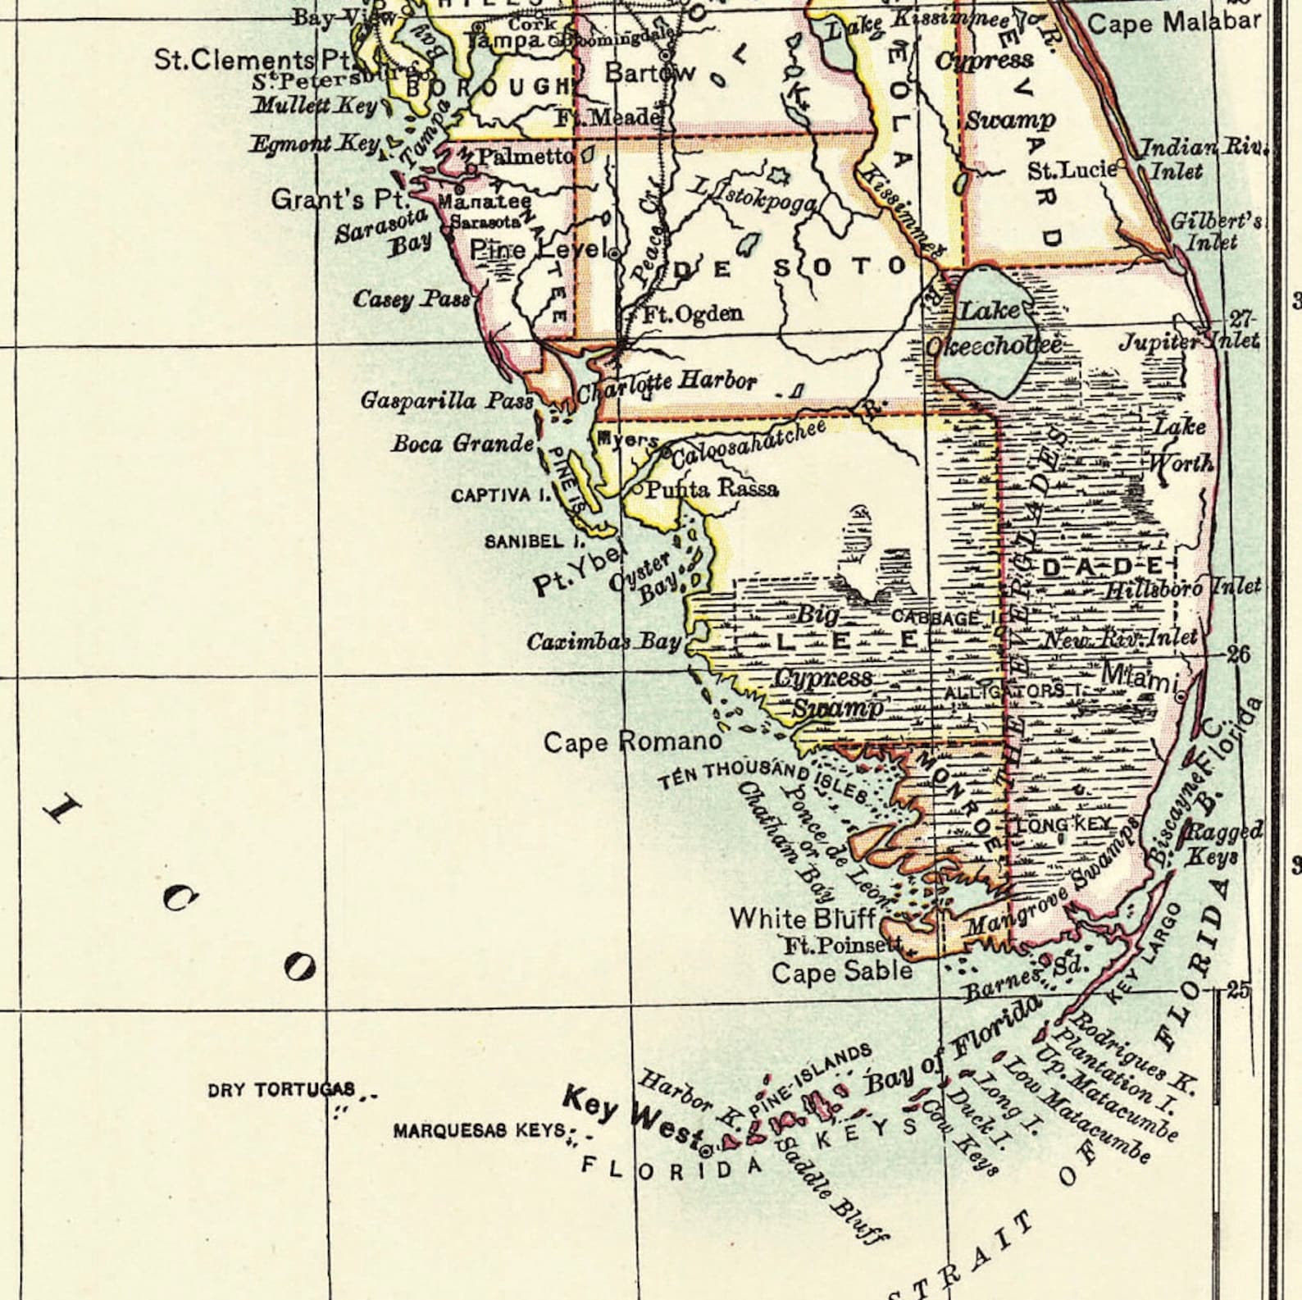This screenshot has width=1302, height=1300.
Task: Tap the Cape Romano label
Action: click(633, 742)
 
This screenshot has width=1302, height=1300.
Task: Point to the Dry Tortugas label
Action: click(282, 1090)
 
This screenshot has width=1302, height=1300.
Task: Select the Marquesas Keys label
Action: click(480, 1131)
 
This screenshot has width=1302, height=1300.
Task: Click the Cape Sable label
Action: click(842, 972)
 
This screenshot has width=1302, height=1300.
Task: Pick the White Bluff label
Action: click(803, 918)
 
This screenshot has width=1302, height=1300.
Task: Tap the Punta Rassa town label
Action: click(712, 490)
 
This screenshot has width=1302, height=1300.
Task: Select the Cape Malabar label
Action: click(1173, 23)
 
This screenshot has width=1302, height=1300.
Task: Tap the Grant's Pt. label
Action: click(339, 199)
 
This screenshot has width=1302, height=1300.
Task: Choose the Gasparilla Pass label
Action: click(447, 401)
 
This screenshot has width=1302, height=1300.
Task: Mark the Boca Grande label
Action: click(462, 445)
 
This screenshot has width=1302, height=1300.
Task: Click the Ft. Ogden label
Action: click(692, 313)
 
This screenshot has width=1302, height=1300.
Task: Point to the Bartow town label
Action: click(649, 73)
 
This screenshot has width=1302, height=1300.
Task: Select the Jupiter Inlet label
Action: click(1190, 340)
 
